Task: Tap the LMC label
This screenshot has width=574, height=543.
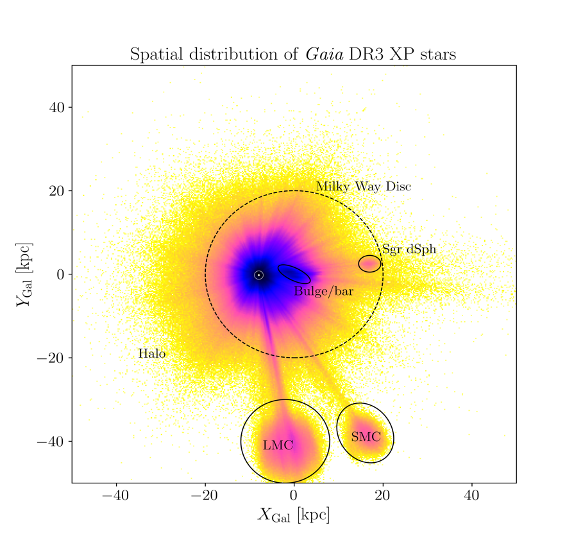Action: pos(278,445)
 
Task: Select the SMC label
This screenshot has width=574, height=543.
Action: pos(366,437)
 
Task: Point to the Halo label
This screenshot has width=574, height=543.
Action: pos(152,353)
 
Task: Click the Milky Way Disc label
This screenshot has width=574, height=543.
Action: pos(364,187)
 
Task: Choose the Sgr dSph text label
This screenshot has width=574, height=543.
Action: pos(409,249)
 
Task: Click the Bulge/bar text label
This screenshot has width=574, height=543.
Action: pos(324,291)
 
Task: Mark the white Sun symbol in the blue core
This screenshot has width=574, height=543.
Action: pos(258,275)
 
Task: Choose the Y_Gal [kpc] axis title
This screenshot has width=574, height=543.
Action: pos(24,274)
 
